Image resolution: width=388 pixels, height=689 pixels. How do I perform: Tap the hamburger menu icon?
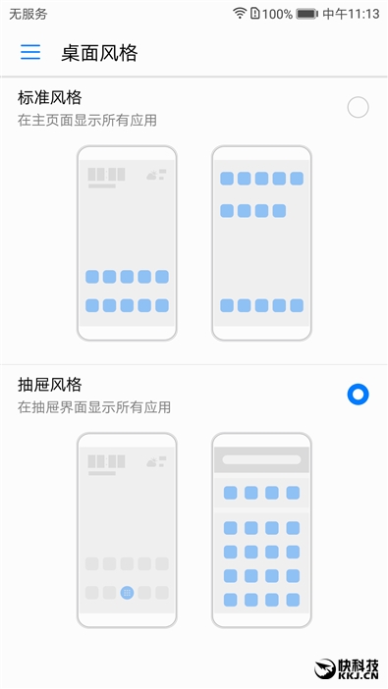(30, 52)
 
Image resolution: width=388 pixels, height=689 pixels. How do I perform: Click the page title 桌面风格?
(99, 52)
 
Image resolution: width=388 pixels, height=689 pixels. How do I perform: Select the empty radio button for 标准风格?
(358, 107)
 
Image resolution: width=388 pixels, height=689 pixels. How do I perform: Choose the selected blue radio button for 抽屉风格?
(358, 395)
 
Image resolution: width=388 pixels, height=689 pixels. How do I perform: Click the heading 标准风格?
(49, 98)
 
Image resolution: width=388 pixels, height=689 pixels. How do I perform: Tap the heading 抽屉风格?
(49, 384)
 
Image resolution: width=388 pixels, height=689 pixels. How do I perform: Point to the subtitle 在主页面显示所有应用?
(87, 120)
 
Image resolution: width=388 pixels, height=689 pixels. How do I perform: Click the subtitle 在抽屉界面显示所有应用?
(94, 406)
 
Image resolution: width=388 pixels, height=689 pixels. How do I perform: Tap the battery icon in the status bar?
(307, 14)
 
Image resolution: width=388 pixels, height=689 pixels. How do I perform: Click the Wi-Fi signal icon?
(240, 14)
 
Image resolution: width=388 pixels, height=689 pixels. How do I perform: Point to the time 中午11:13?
(352, 14)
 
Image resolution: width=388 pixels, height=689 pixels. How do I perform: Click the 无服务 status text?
(28, 14)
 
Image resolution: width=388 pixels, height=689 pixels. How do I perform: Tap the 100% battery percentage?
(277, 14)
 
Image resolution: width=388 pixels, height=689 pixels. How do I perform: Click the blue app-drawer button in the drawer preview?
(127, 593)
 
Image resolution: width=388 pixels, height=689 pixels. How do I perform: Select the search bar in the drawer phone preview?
(261, 459)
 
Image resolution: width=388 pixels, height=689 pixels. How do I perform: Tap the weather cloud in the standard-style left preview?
(153, 175)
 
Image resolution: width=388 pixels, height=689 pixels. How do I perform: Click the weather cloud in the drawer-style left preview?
(153, 460)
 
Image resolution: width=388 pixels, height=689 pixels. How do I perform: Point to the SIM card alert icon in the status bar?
(255, 14)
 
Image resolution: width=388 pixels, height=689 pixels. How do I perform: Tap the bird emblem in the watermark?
(327, 667)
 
